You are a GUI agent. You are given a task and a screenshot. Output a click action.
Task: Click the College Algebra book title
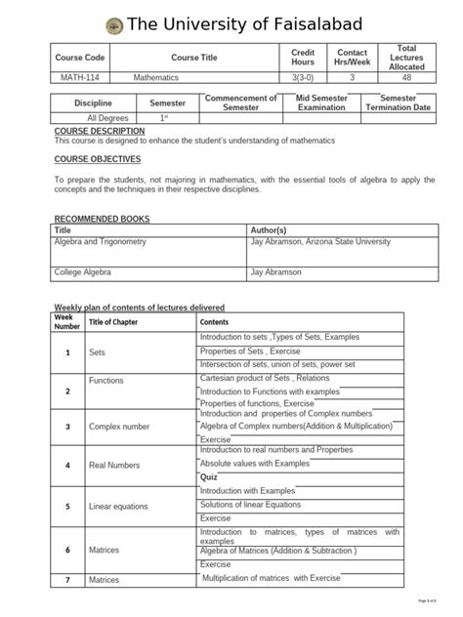[x=82, y=272]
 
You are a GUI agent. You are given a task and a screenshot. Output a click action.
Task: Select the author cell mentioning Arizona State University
[x=320, y=241]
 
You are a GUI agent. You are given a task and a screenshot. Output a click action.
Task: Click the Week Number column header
[x=66, y=321]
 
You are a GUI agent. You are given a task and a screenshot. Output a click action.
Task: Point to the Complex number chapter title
[x=119, y=427]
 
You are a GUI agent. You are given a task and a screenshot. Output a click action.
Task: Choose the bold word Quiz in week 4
[x=208, y=477]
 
